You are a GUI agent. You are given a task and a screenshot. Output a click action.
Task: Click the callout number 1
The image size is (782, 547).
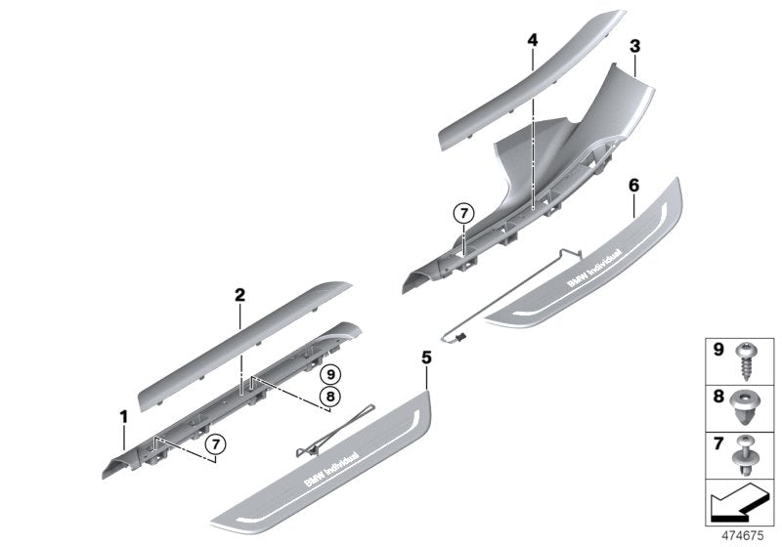tap(124, 417)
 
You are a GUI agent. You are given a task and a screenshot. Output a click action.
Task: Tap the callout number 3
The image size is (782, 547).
tap(634, 46)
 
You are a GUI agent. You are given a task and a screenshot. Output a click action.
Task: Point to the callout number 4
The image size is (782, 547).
tap(532, 40)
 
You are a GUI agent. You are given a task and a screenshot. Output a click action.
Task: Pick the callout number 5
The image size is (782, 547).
tap(426, 358)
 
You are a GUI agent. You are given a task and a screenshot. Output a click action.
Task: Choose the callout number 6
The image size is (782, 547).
tap(633, 183)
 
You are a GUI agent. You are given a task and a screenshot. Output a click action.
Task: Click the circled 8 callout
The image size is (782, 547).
tap(330, 397)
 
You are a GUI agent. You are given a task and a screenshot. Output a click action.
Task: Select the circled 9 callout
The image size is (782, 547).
tap(330, 373)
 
